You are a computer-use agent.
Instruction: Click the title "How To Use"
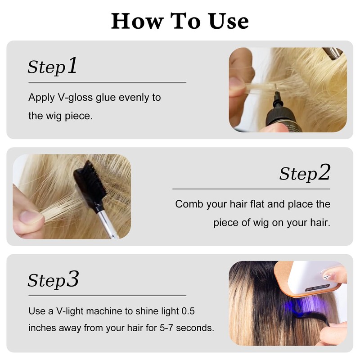coord(180,21)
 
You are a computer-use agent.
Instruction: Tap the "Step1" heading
coord(53,67)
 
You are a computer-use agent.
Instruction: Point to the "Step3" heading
coord(53,280)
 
